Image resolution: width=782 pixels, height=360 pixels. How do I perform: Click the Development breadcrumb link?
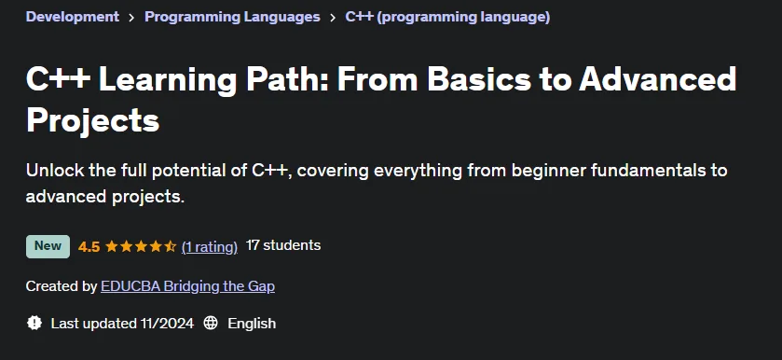[73, 17]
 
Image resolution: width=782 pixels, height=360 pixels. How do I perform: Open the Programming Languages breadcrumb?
[232, 17]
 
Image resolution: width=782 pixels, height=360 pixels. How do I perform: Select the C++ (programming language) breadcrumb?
[447, 17]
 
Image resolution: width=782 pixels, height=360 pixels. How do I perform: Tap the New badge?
[48, 246]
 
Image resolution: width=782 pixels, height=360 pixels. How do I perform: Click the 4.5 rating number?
[89, 246]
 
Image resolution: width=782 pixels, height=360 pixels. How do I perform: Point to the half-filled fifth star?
[171, 246]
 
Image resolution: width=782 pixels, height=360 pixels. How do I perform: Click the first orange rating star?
[111, 246]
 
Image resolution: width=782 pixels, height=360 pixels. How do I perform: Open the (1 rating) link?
[210, 246]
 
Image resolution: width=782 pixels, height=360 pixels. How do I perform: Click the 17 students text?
[283, 245]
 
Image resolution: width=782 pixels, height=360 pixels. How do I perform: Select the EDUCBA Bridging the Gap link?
[187, 286]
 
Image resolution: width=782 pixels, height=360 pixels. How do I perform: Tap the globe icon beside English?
[211, 323]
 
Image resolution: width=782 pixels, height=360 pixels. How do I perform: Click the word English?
[252, 324]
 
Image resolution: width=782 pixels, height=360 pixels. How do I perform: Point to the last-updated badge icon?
[34, 323]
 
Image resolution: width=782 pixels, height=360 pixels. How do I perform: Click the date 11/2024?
[167, 324]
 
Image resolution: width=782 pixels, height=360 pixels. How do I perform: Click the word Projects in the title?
[93, 121]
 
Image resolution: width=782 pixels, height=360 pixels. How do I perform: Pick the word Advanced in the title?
[657, 79]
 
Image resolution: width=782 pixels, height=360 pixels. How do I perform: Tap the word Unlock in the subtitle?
[55, 171]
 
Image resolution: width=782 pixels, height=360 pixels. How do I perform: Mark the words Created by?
[62, 286]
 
